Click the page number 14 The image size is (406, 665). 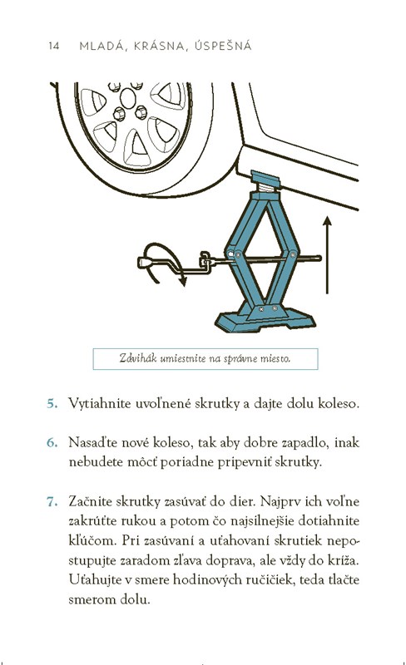tap(54, 46)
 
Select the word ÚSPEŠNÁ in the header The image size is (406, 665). tap(224, 46)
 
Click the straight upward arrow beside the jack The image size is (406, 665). tap(327, 255)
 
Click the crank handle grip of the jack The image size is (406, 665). tap(146, 263)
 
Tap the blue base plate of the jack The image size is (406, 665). tap(265, 320)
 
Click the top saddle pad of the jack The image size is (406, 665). tap(265, 178)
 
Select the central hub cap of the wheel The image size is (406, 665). tap(128, 98)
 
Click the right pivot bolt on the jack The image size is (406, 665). tap(293, 254)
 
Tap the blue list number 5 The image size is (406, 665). tap(52, 403)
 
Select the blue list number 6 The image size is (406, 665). tap(52, 443)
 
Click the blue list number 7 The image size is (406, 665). tap(52, 502)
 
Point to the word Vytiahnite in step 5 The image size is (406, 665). tap(100, 403)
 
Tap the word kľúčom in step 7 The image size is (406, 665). tap(92, 541)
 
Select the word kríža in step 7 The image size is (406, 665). tap(344, 560)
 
